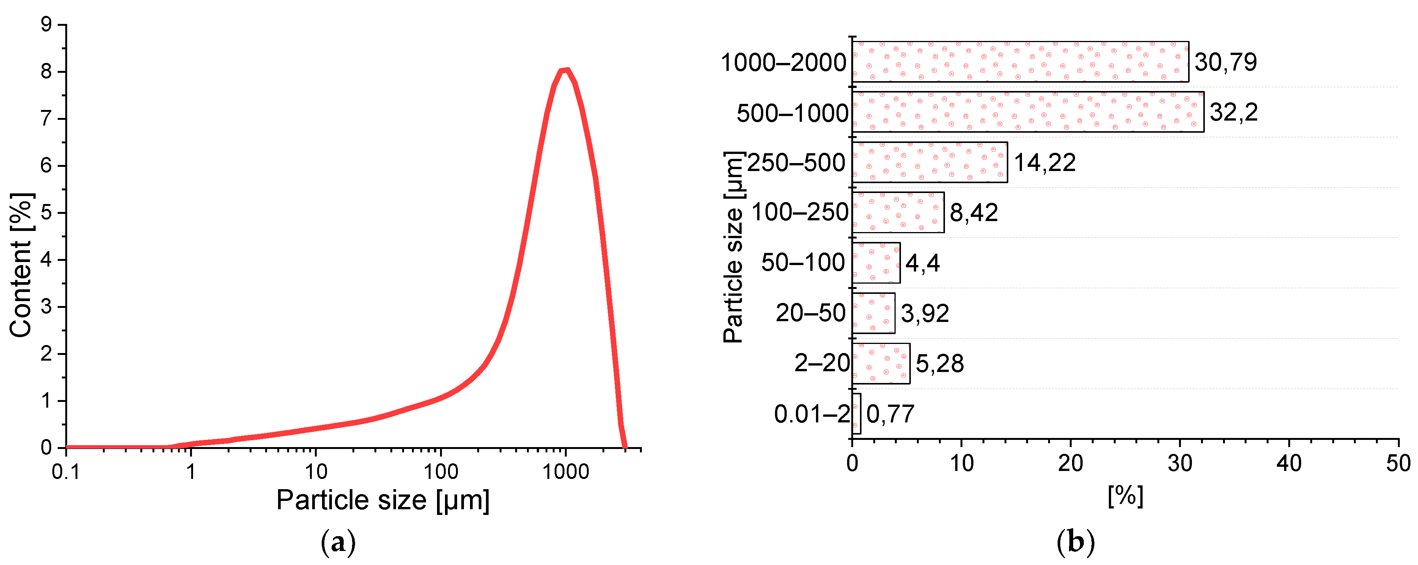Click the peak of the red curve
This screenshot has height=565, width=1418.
coord(565,70)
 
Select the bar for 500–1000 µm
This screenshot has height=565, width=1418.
coord(1027,112)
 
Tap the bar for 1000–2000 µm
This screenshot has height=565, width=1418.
coord(1019,61)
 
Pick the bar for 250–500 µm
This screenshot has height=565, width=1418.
coord(929,162)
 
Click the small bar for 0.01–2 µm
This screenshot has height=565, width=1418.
coord(856,413)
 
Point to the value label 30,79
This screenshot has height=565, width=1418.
coord(1225,61)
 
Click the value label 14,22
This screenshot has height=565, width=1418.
coord(1044,162)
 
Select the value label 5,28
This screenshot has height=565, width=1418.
coord(939,363)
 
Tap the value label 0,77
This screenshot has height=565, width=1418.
coord(890,414)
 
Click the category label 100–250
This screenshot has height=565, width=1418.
coord(799,212)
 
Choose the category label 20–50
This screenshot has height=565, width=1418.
coord(810,313)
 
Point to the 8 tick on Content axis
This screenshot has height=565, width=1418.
coord(46,72)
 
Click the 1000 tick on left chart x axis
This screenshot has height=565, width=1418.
coord(565,471)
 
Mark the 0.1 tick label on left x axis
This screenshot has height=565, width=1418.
coord(66,471)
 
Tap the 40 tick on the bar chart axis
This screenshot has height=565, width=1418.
coord(1289,464)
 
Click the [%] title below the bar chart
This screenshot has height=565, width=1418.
coord(1125,496)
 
